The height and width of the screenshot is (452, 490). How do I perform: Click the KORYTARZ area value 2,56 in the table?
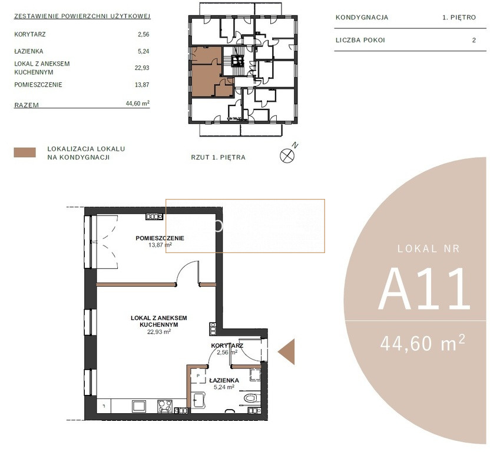[144, 34]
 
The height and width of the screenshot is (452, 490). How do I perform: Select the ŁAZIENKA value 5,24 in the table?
[144, 51]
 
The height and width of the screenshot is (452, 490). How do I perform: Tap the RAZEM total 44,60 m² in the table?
[137, 103]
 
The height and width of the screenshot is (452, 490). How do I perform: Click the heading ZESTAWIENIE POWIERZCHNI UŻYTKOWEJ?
[82, 16]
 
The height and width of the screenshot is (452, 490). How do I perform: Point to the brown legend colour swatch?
[25, 152]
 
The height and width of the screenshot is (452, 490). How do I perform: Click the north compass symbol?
[287, 155]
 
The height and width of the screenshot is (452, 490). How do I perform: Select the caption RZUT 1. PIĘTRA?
[218, 157]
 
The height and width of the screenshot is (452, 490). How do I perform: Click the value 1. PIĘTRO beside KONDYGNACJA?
[459, 18]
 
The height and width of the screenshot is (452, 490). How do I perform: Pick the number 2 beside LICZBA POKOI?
[474, 40]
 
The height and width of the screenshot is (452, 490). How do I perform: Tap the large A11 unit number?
[425, 290]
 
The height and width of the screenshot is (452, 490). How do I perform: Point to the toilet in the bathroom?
[251, 398]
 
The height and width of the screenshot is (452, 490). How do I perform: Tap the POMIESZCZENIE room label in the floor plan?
[160, 238]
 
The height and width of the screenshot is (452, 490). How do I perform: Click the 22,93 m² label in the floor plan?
[159, 331]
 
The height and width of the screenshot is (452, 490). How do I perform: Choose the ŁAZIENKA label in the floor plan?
[224, 380]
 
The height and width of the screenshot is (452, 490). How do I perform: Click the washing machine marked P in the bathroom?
[198, 376]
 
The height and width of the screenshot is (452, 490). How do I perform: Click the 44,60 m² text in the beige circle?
[422, 343]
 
